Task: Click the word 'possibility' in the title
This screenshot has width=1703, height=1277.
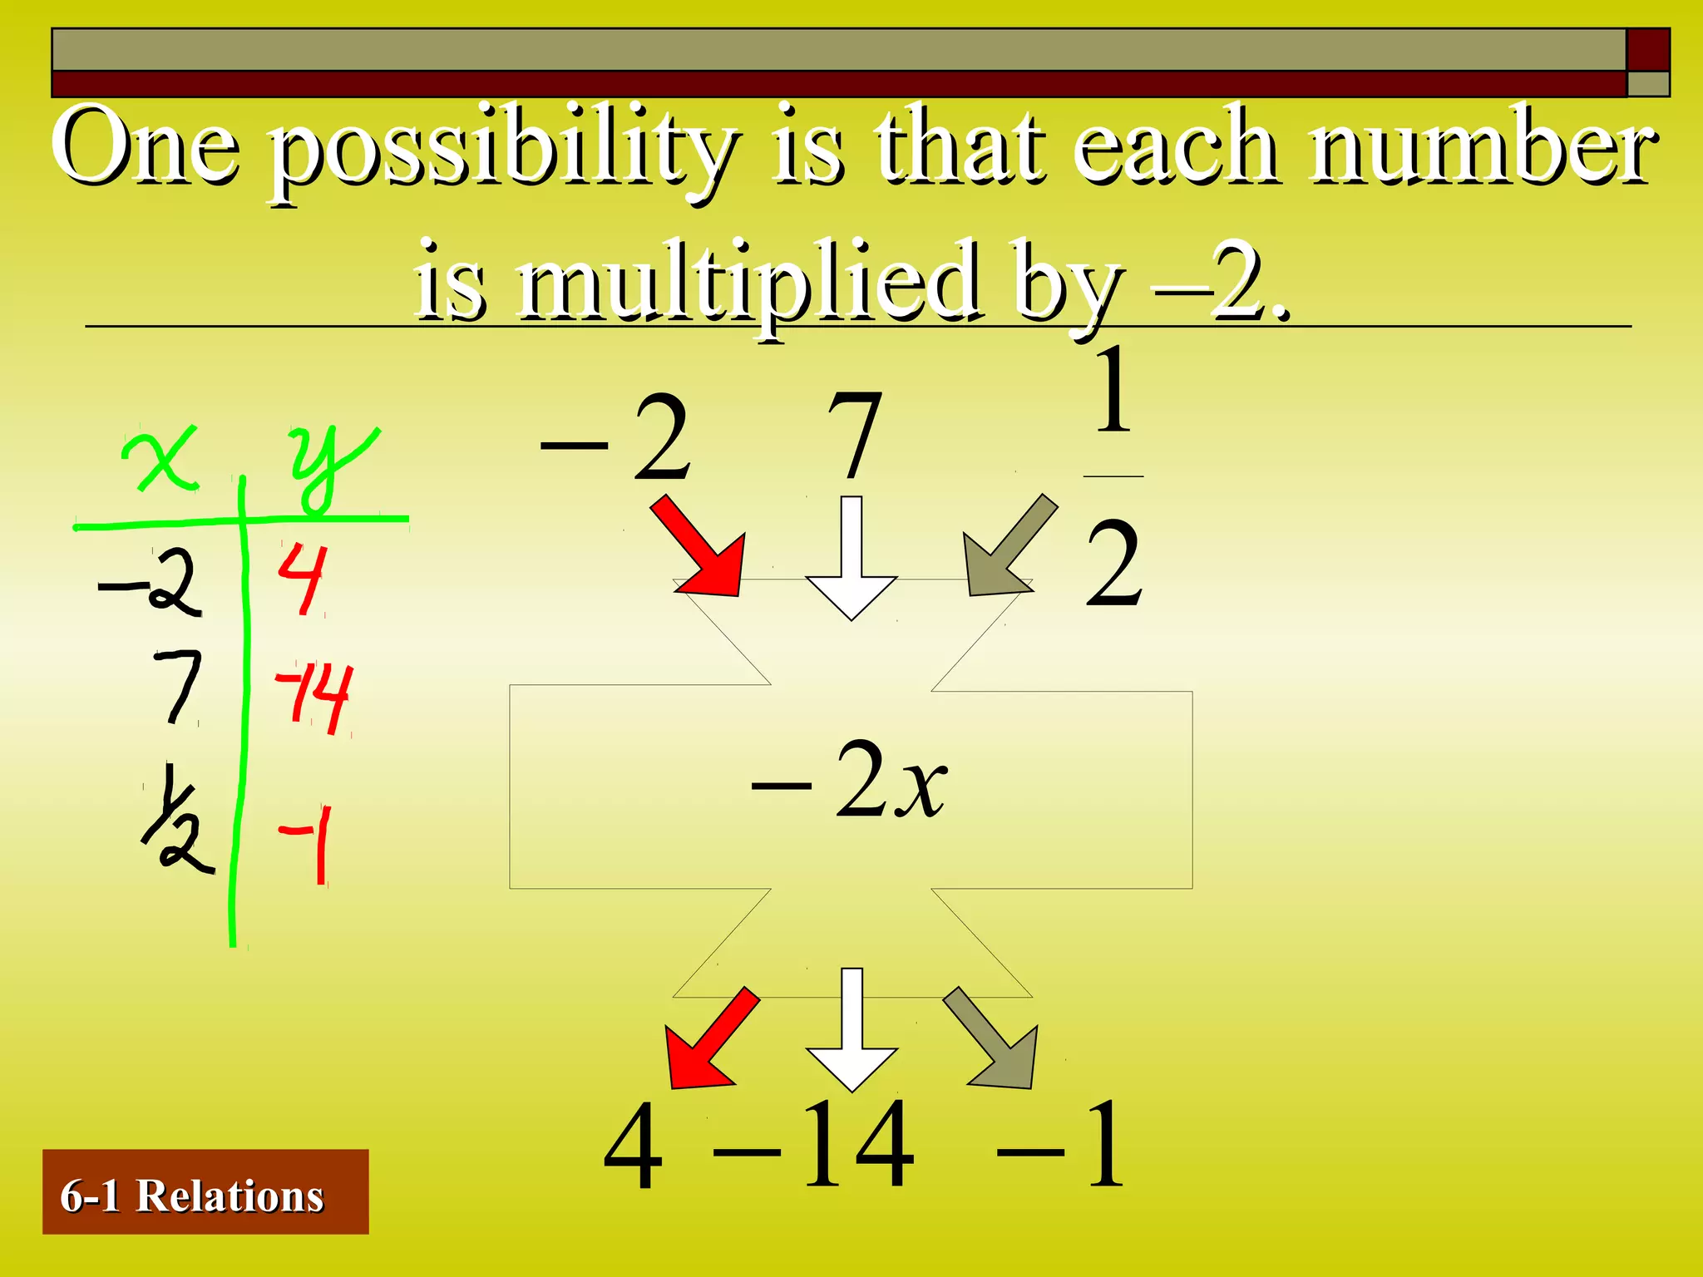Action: pos(503,150)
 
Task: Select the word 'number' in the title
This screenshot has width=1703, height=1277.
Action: pos(1484,145)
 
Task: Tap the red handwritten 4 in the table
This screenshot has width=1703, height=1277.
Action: pos(301,578)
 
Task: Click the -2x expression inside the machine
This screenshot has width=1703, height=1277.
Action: pos(850,781)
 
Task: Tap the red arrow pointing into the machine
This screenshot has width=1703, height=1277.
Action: pos(698,547)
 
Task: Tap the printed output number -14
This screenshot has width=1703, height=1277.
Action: pos(815,1146)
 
